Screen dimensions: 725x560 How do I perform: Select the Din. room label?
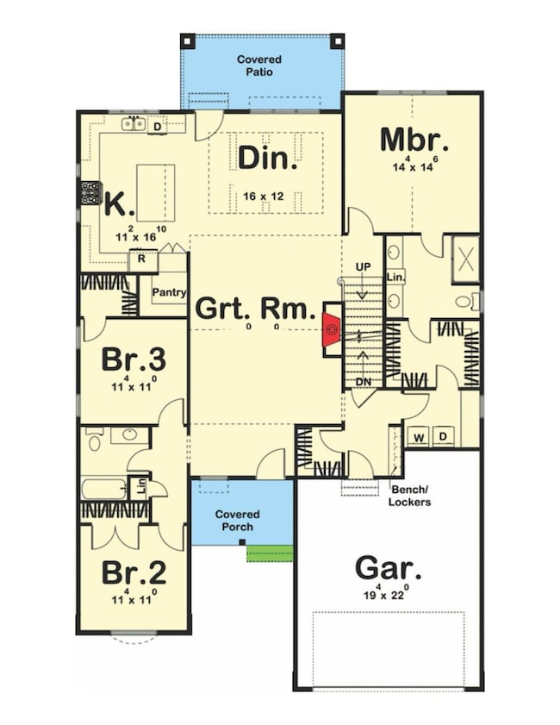(x=268, y=158)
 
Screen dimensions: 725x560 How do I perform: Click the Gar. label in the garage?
(x=389, y=569)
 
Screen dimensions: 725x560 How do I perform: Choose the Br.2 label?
(x=134, y=572)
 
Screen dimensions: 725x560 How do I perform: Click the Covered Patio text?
(x=258, y=66)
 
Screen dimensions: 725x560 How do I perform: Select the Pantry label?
(x=169, y=292)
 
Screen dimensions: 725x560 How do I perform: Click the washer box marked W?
(x=419, y=437)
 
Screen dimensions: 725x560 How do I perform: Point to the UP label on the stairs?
(x=363, y=267)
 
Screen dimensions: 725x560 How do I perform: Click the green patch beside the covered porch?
(x=269, y=553)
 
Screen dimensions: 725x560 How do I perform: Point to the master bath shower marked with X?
(x=466, y=258)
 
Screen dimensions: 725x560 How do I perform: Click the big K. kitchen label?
(x=119, y=205)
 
